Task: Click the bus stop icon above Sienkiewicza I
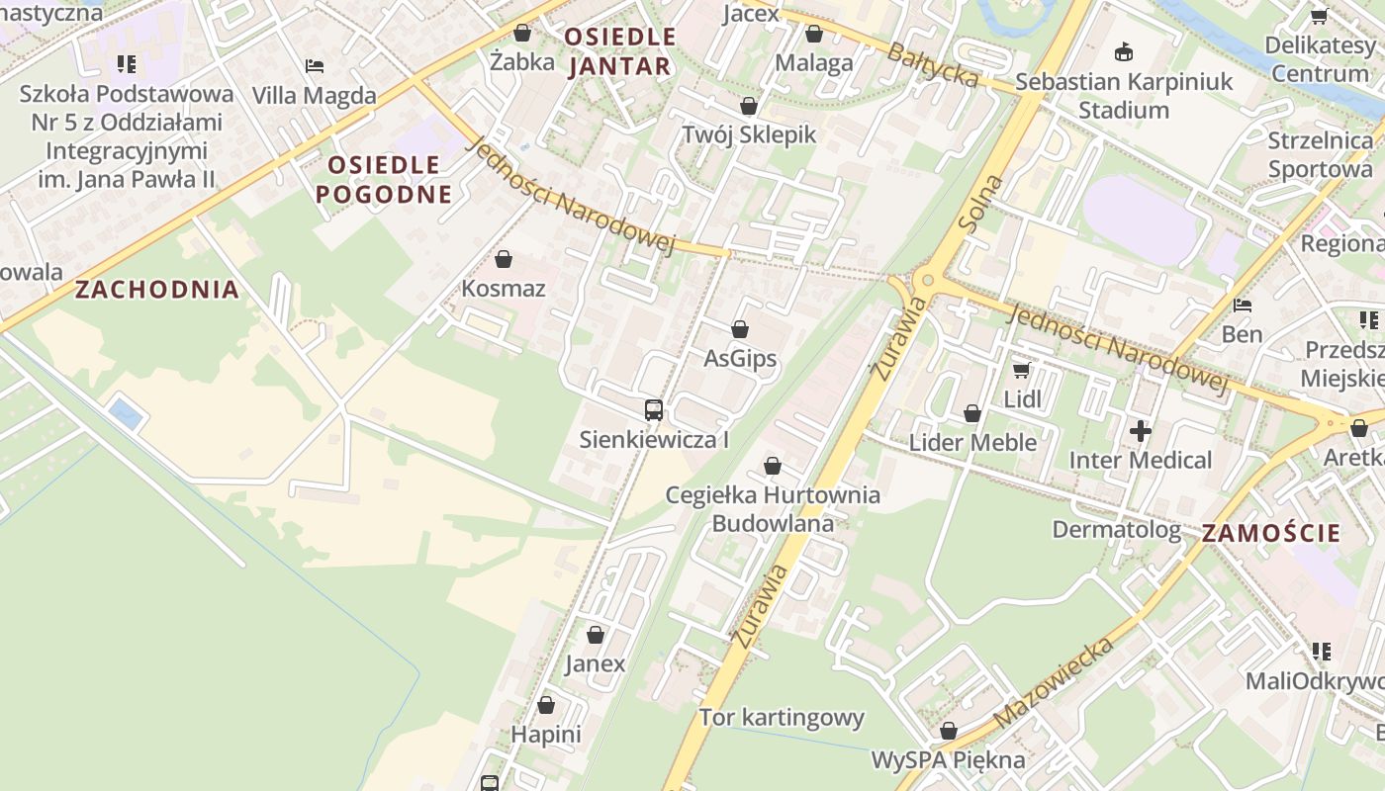click(x=653, y=409)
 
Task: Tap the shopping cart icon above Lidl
click(x=1021, y=371)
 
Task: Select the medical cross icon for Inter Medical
click(x=1141, y=431)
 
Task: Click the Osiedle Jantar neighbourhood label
click(x=619, y=51)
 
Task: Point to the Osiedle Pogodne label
click(x=384, y=179)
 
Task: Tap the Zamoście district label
click(x=1271, y=533)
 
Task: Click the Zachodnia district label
click(x=157, y=290)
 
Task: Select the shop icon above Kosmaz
click(x=504, y=259)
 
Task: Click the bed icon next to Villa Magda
click(x=315, y=66)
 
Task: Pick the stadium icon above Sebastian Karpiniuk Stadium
click(x=1124, y=51)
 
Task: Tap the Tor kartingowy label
click(x=782, y=717)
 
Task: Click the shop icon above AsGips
click(x=740, y=329)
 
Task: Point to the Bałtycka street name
click(x=932, y=64)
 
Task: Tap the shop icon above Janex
click(x=596, y=635)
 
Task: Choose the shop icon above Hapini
click(x=545, y=706)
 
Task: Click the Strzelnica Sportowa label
click(x=1320, y=154)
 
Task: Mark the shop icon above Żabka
click(x=522, y=33)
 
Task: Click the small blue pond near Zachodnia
click(x=126, y=413)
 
